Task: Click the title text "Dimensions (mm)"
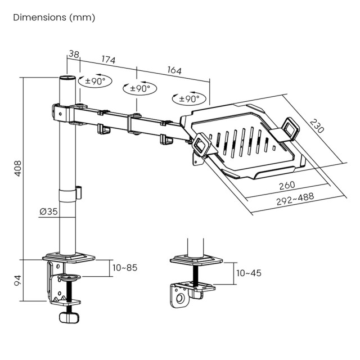[x=54, y=17]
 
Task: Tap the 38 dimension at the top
[x=73, y=55]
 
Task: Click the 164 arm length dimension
[x=174, y=71]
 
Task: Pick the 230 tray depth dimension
[x=317, y=125]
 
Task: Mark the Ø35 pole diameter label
[x=49, y=211]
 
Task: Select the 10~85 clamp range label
[x=125, y=268]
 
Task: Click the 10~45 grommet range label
[x=249, y=273]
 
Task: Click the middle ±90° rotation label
[x=139, y=88]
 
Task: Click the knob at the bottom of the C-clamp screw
[x=70, y=317]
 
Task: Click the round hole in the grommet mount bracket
[x=181, y=299]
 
